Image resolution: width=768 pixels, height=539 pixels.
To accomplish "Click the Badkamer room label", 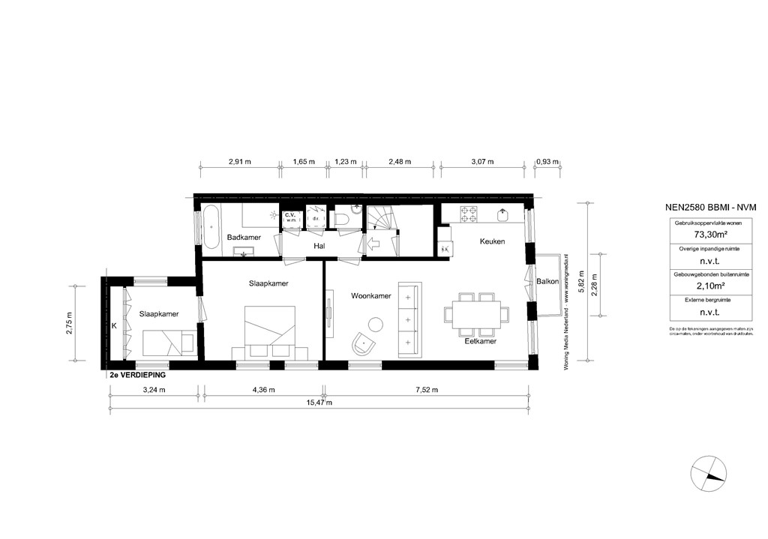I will pos(243,238).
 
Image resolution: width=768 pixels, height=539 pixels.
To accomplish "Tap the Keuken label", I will pos(493,241).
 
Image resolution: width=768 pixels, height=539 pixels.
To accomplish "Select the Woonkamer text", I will pos(371,296).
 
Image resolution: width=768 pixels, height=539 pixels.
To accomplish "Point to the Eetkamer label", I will pos(480,340).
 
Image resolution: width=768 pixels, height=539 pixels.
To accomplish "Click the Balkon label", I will pos(547,282).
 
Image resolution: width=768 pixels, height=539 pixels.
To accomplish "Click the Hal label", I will pos(319,244).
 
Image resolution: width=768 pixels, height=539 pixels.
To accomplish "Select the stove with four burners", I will pos(469,214).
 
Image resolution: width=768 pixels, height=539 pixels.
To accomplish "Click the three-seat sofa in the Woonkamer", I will pos(409,319).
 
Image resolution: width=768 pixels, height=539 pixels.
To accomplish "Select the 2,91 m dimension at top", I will pos(240,161).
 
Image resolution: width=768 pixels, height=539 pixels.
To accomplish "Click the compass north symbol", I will pos(709,474).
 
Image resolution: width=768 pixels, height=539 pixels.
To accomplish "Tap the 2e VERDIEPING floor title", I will pos(138,373).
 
